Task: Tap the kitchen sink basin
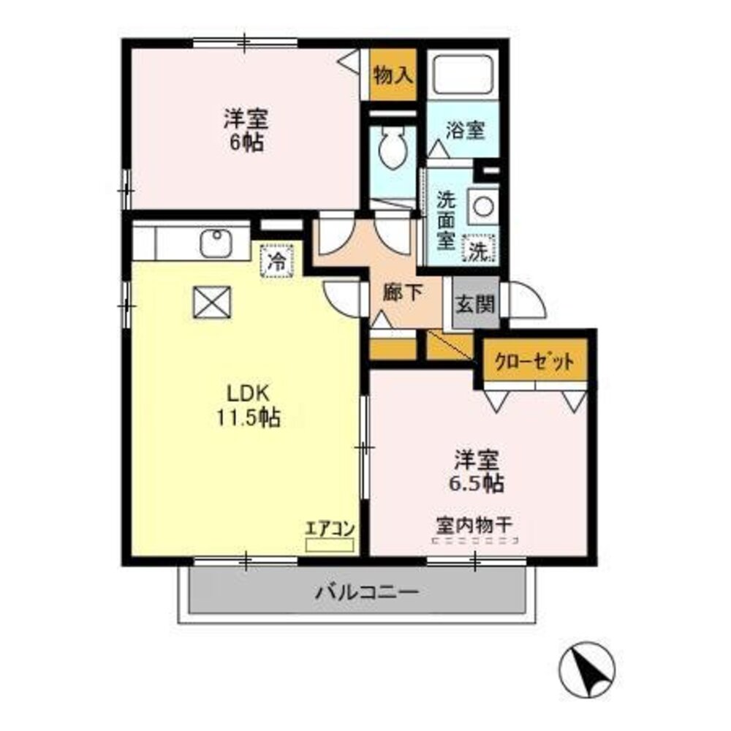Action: pos(215,243)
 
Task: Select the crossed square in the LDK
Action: pos(212,302)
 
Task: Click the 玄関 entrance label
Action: pos(476,303)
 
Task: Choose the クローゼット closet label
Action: pos(534,362)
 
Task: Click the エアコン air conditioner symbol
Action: pos(330,544)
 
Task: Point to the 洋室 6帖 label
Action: pos(246,129)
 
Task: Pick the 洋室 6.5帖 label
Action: pos(477,471)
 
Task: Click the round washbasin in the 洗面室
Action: pos(482,205)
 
